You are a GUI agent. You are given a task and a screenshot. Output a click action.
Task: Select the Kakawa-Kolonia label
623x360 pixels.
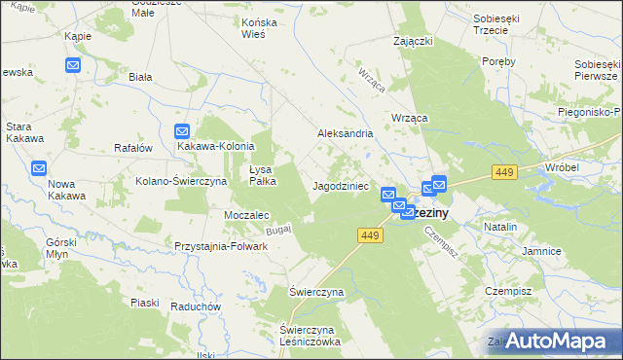pyautogui.click(x=215, y=146)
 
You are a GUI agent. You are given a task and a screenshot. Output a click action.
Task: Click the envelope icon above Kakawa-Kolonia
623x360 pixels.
pyautogui.click(x=182, y=130)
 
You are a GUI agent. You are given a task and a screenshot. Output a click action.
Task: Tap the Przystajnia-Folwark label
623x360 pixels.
pyautogui.click(x=220, y=246)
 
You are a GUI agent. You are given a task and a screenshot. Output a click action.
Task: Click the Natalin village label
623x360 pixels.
pyautogui.click(x=499, y=226)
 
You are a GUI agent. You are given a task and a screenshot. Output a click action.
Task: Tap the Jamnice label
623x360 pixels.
pyautogui.click(x=540, y=251)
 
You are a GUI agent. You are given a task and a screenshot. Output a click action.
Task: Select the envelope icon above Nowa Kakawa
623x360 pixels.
pyautogui.click(x=37, y=167)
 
